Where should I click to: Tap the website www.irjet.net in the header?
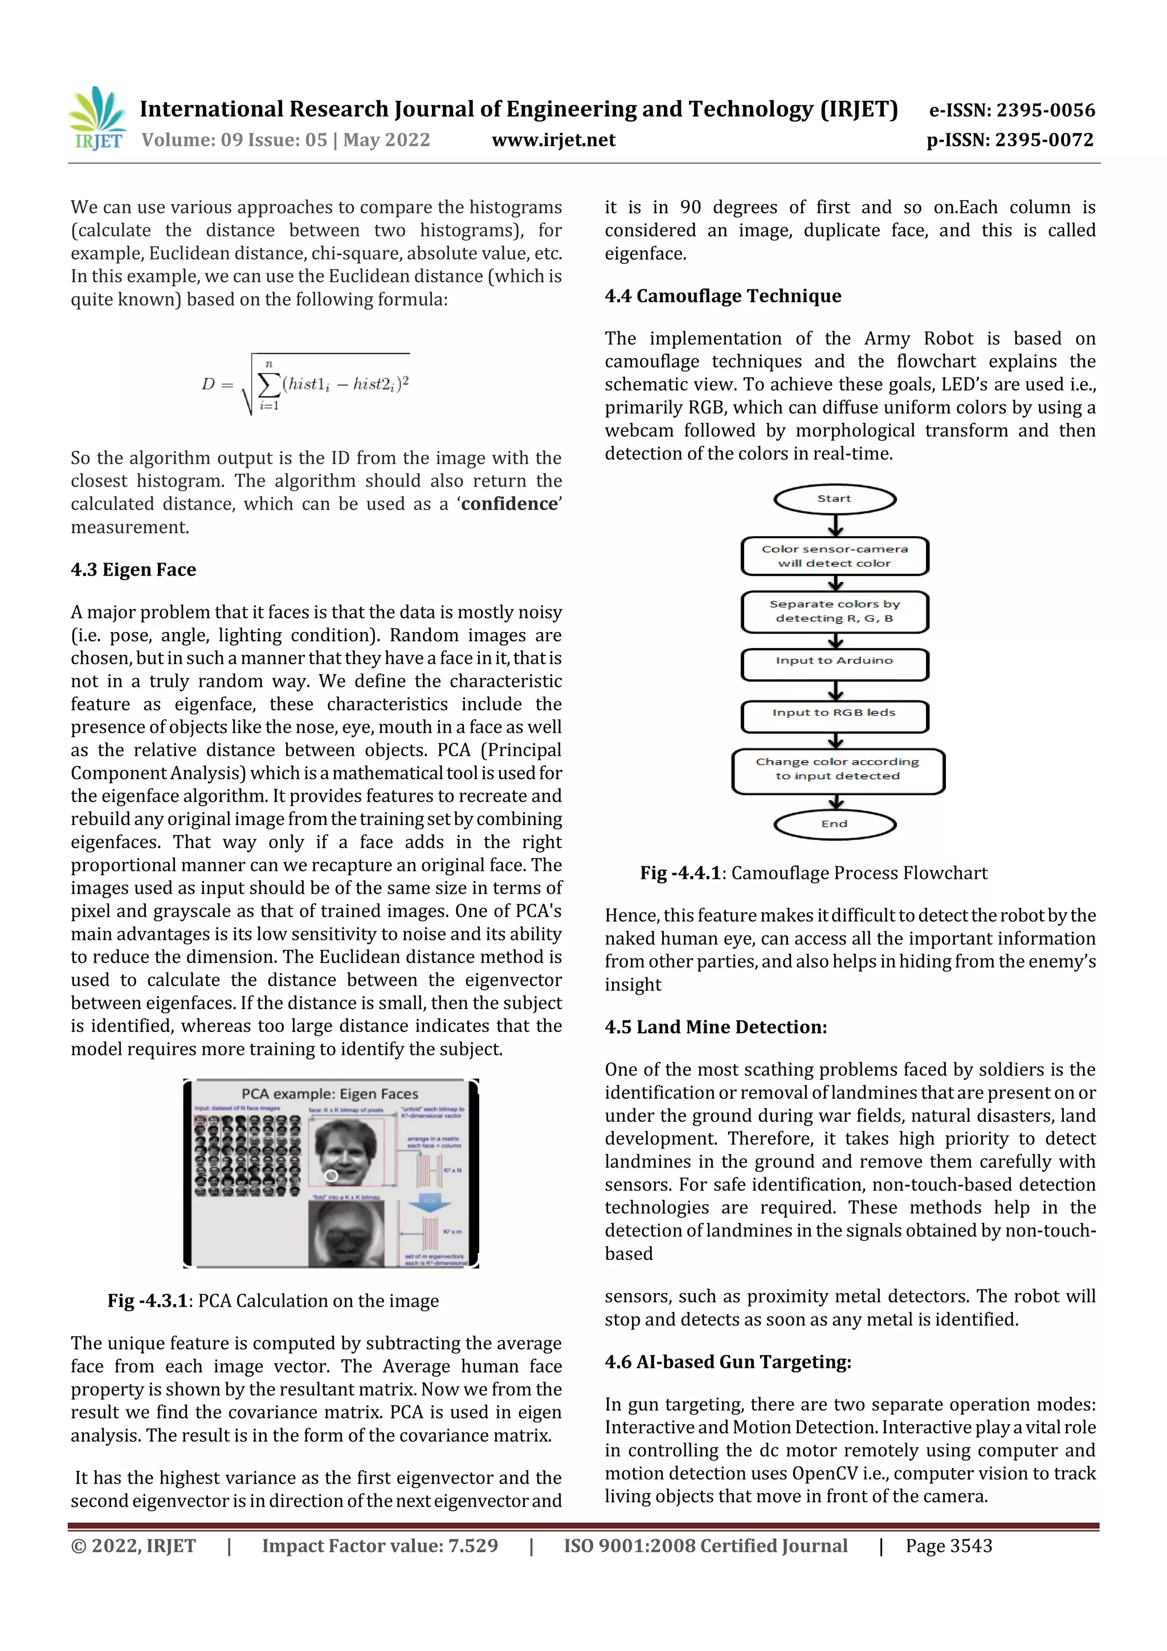553,140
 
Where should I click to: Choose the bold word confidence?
509,504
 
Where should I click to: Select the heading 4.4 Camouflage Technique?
723,296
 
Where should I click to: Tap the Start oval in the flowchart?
834,499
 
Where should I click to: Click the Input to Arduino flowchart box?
834,662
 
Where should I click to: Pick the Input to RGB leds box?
834,714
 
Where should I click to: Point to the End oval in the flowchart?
834,825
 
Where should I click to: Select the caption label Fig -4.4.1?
680,873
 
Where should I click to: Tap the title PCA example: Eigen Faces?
329,1094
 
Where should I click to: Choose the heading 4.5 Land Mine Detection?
716,1027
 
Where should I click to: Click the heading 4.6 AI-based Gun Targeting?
728,1362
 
